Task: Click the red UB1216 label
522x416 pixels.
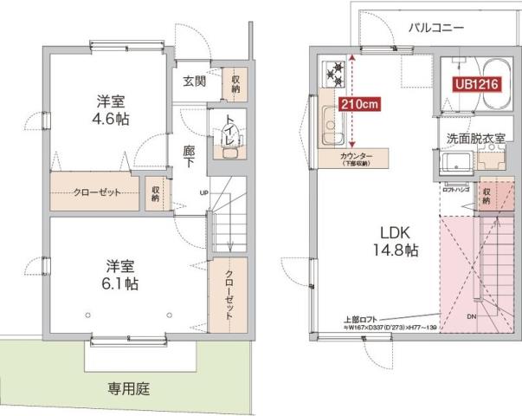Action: [x=474, y=84]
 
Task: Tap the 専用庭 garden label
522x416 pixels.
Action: [x=129, y=389]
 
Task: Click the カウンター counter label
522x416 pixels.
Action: [x=356, y=158]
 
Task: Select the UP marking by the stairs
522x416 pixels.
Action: [x=203, y=192]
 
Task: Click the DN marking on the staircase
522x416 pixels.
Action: [x=473, y=316]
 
